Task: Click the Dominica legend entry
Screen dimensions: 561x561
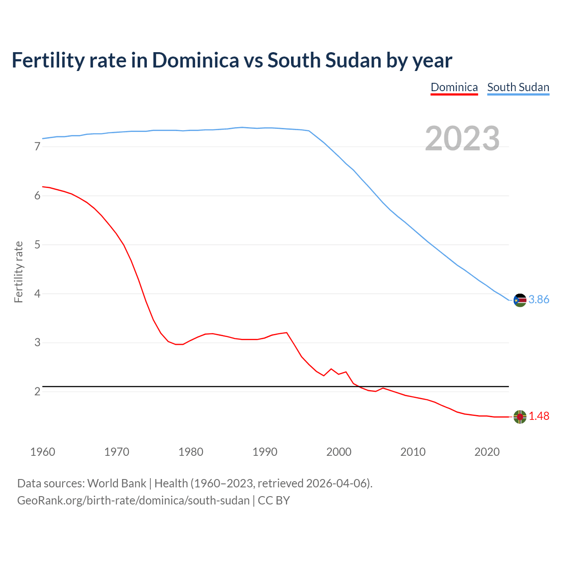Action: point(454,87)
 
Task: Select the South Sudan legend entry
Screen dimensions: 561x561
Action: point(518,87)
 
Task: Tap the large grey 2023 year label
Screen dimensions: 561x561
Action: point(462,138)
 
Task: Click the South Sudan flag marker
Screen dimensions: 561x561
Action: point(520,300)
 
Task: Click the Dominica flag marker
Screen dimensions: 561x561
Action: point(520,417)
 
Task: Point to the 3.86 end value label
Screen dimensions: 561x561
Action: point(539,300)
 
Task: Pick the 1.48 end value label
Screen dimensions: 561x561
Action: point(539,416)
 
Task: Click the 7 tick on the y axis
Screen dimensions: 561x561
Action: point(37,147)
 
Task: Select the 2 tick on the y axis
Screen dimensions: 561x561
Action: point(37,391)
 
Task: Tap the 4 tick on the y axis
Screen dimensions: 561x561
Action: point(37,294)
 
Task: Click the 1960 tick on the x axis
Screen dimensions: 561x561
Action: point(43,452)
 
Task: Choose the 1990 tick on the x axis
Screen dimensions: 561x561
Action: point(265,452)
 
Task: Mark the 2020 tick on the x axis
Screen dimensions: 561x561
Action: point(487,452)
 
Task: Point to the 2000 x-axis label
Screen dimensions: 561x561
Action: point(339,452)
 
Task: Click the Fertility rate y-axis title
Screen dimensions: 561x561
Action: point(18,272)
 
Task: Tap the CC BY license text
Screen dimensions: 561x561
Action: point(274,501)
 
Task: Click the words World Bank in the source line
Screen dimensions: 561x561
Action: point(117,483)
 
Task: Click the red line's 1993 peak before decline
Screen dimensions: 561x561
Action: point(287,333)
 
